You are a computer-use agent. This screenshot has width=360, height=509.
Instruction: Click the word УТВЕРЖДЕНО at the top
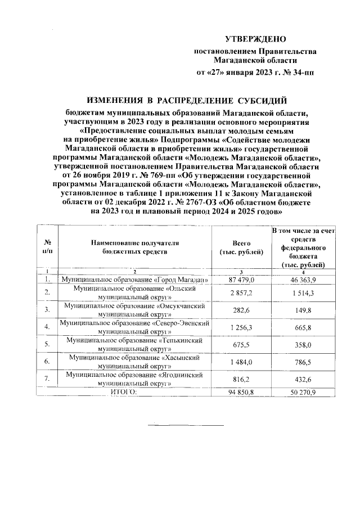click(256, 39)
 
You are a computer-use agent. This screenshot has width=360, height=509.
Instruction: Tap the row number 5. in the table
click(47, 344)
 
